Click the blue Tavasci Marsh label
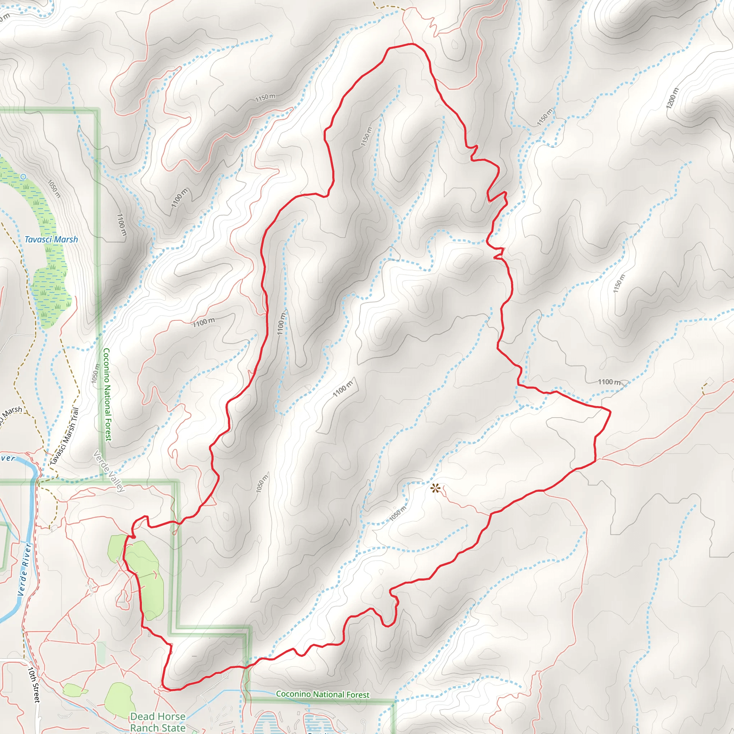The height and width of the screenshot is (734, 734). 51,239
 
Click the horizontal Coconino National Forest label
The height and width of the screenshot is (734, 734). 323,694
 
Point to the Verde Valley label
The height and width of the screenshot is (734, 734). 109,471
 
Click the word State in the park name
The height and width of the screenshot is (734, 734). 173,728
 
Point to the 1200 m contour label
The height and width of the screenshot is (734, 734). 672,98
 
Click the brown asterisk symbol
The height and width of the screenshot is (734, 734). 435,488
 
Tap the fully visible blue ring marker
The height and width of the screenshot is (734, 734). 23,177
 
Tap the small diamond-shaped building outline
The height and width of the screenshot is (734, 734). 709,381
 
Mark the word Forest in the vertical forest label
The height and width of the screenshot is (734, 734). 108,429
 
